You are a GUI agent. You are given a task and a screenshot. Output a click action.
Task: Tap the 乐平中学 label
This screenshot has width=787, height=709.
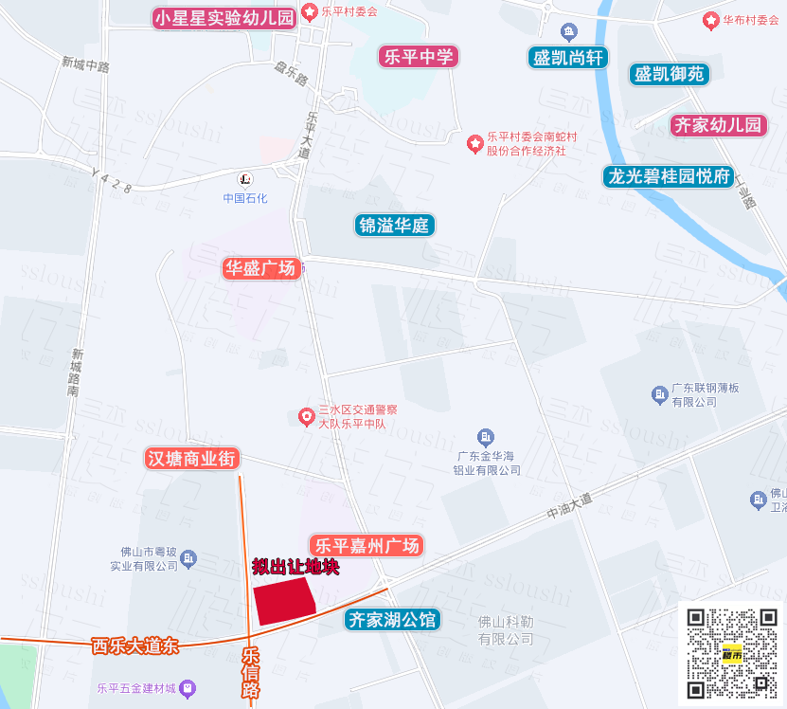point(418,56)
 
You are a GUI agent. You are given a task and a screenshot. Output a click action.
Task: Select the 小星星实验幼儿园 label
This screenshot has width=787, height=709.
point(225,18)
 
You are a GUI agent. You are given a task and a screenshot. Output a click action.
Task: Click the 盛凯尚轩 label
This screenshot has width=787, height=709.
point(568,58)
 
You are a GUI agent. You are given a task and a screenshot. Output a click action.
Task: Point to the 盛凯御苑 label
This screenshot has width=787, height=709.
point(670,74)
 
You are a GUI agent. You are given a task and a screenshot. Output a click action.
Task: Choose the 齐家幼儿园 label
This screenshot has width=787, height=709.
point(718,125)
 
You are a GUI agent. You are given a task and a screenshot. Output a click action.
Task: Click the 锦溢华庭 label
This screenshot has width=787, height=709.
point(395,226)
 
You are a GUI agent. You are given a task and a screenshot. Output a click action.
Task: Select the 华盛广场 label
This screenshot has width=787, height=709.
point(260,268)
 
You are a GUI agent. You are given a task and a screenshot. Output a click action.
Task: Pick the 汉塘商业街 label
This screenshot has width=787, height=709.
point(193,459)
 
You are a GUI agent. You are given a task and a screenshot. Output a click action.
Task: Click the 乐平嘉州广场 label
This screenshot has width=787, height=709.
point(367,546)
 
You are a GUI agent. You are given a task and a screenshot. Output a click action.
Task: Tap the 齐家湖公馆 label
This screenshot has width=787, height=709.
point(392,620)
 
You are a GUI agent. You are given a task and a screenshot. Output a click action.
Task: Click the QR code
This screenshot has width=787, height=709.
point(731,652)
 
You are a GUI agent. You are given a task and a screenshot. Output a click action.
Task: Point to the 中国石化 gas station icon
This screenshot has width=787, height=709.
point(245,178)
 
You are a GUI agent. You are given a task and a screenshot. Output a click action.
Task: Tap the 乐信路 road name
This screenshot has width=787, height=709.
point(251,673)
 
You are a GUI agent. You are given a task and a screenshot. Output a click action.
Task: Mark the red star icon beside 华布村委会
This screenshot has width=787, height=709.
point(710,20)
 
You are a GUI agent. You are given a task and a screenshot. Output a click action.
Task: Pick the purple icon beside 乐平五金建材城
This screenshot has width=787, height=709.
point(188,687)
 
